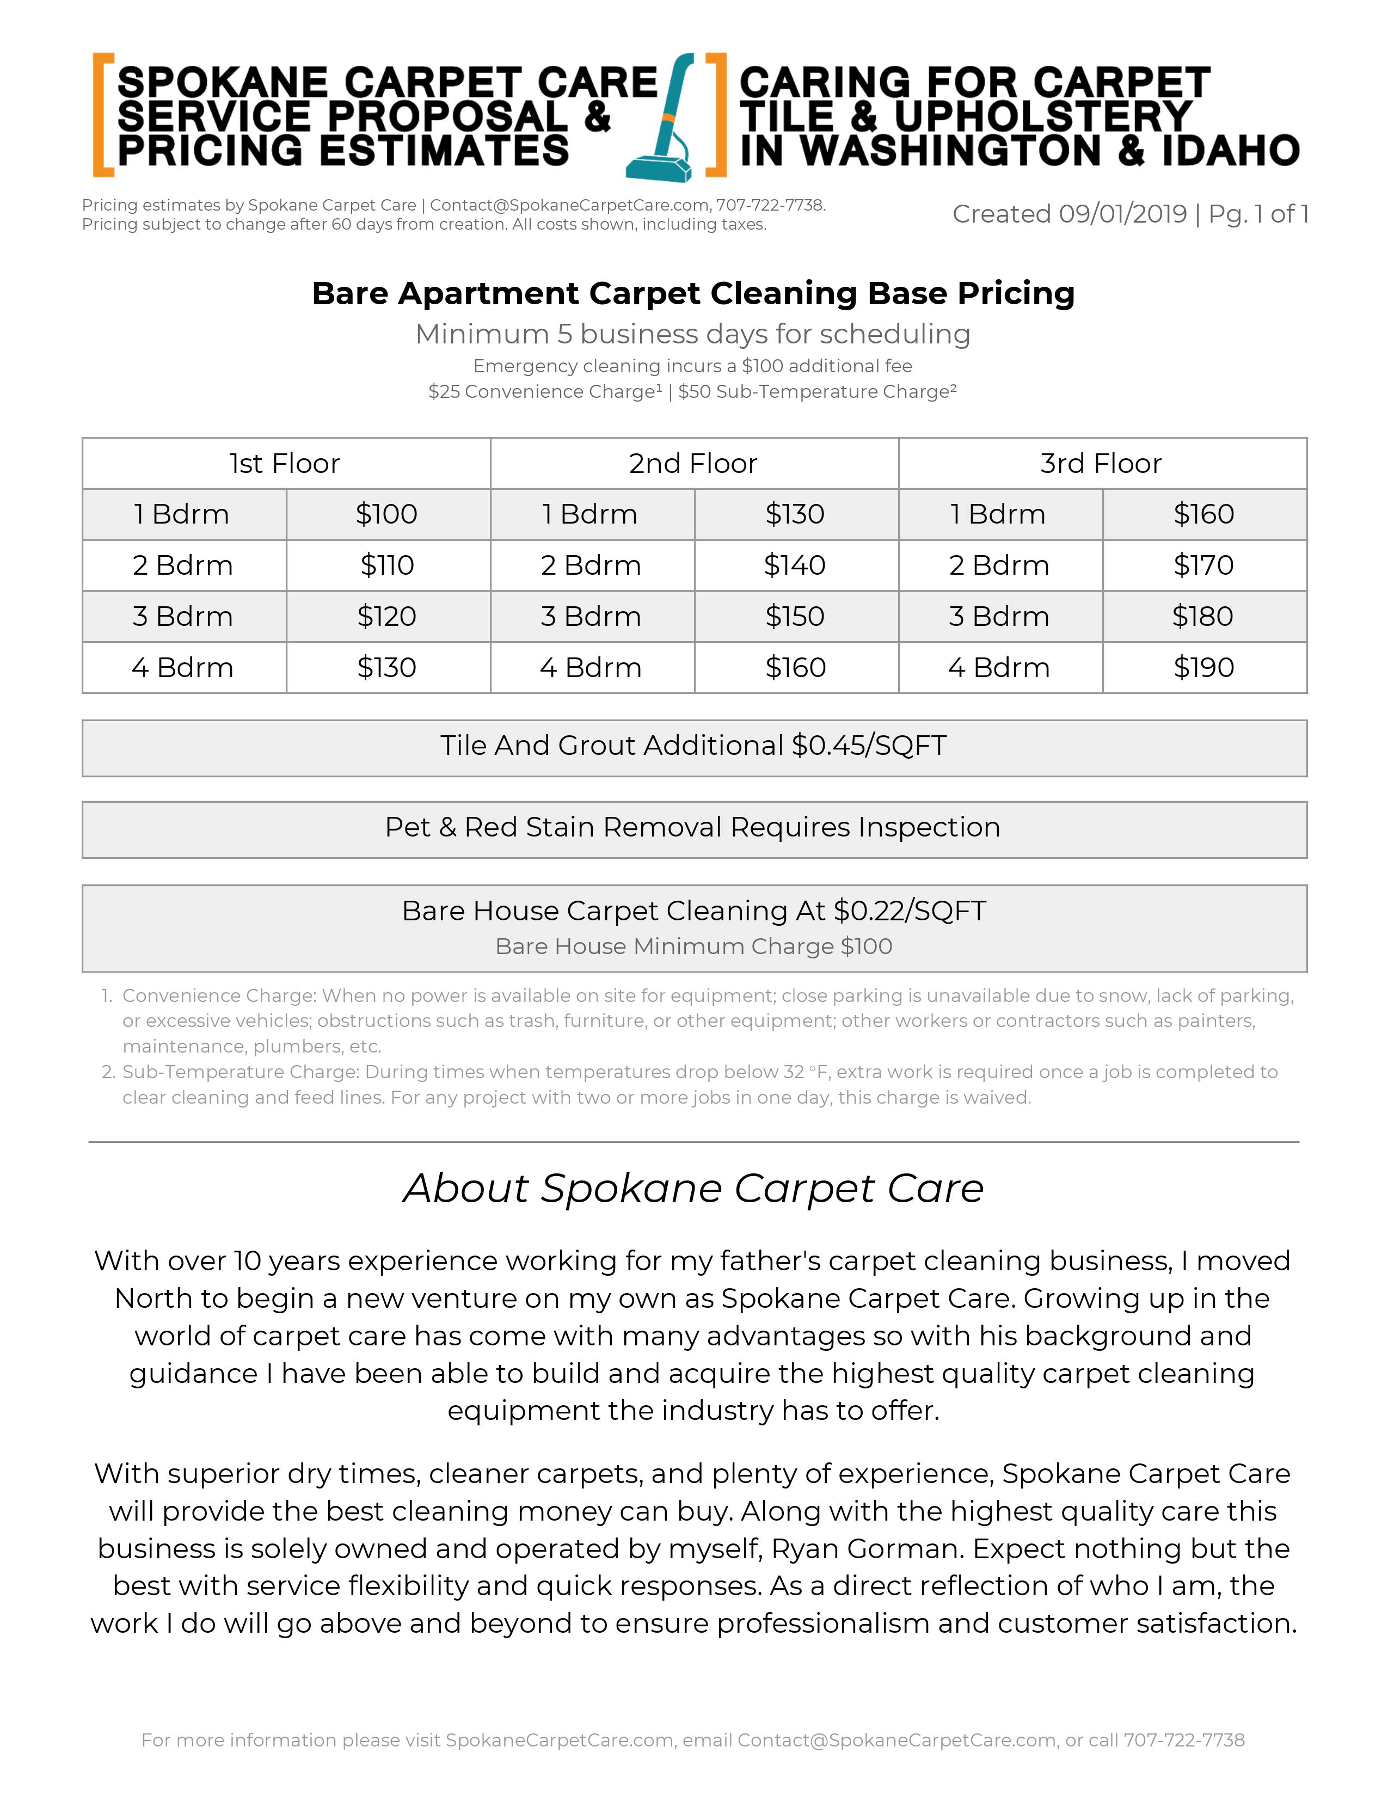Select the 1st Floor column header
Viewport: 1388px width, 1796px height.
tap(285, 464)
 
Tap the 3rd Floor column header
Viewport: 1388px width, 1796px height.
tap(1101, 464)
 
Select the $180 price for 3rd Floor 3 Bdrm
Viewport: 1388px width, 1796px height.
tap(1203, 617)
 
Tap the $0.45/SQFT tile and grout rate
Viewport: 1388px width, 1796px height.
tap(869, 746)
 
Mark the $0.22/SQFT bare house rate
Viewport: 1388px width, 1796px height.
tap(910, 911)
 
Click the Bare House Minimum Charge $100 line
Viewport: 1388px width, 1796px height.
tap(693, 946)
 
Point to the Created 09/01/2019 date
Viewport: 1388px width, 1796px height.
tap(1069, 214)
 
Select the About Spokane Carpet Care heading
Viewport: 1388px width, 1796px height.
tap(693, 1188)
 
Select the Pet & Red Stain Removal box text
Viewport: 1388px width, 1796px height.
tap(693, 827)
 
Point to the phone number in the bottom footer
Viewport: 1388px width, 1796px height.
tap(1184, 1740)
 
